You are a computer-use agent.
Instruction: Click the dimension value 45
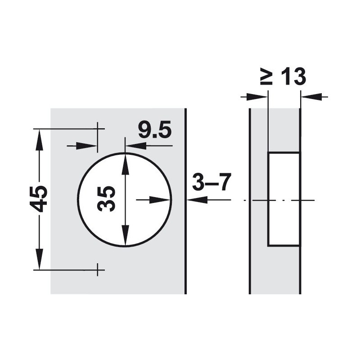click(x=38, y=199)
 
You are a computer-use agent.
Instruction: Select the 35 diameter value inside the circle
click(x=106, y=199)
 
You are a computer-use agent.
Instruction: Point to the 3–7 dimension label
click(x=211, y=182)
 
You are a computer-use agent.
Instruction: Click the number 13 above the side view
click(x=293, y=76)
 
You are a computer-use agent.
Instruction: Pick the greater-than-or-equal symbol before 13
click(x=266, y=76)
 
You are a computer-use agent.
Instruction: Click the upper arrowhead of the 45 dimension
click(x=39, y=140)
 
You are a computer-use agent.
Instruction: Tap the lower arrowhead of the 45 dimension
click(x=39, y=259)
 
